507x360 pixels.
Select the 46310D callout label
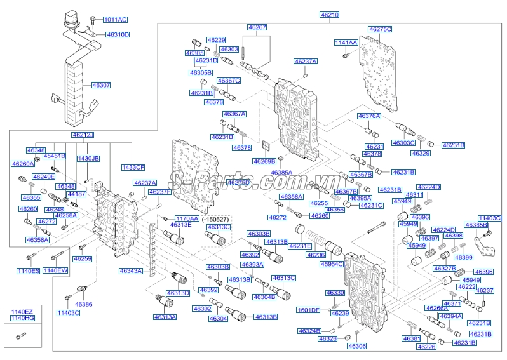coord(118,34)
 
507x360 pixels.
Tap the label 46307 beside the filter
coord(101,84)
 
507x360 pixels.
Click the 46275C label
coord(380,29)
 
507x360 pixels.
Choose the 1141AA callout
coord(347,43)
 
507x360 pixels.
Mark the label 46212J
coord(83,135)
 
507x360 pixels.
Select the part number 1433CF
coord(133,167)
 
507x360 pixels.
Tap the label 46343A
coord(131,271)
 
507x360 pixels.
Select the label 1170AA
coord(187,218)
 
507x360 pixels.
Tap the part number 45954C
coord(331,264)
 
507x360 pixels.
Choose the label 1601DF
coord(309,310)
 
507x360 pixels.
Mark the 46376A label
coord(369,116)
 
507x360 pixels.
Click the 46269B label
coord(264,161)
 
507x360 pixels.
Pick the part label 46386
coord(83,305)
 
